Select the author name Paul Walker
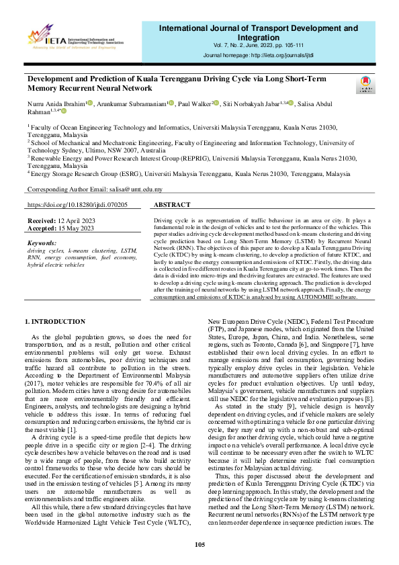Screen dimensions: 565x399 coord(193,104)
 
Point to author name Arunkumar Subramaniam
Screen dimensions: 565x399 coord(131,104)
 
